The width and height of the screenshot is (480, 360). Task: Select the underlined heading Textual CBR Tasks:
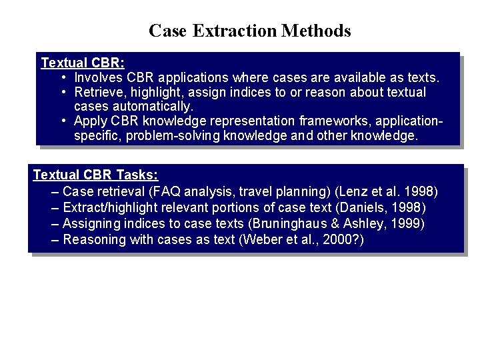pyautogui.click(x=95, y=175)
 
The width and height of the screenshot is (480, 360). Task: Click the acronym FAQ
pyautogui.click(x=165, y=191)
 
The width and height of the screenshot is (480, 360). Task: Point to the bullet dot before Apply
pyautogui.click(x=62, y=121)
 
